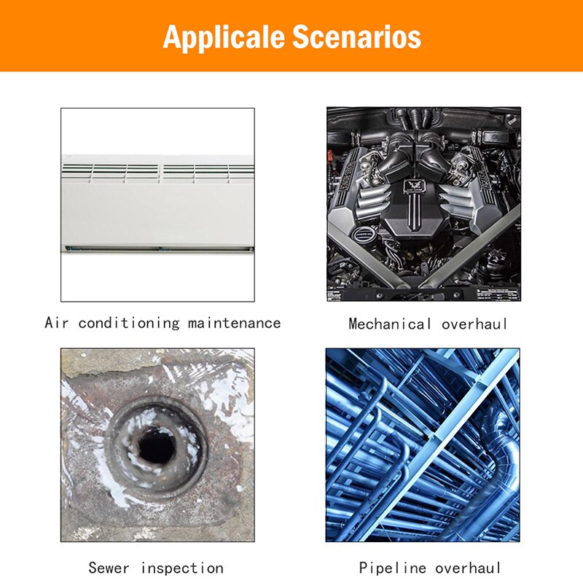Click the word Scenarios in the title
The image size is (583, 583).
(356, 36)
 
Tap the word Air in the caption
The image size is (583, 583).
(57, 322)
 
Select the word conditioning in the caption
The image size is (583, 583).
(129, 323)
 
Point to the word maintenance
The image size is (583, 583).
(234, 323)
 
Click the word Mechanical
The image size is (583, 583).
(390, 324)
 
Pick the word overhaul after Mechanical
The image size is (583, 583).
(474, 324)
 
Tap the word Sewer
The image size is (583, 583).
(109, 568)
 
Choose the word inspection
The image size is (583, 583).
(182, 568)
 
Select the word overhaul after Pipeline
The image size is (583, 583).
(468, 568)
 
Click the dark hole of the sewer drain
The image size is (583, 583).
(157, 445)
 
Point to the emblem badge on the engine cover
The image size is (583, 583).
(412, 185)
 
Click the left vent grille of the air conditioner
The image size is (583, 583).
(111, 173)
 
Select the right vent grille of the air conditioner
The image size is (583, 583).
(208, 173)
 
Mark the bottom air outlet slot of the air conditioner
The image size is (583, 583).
(159, 249)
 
